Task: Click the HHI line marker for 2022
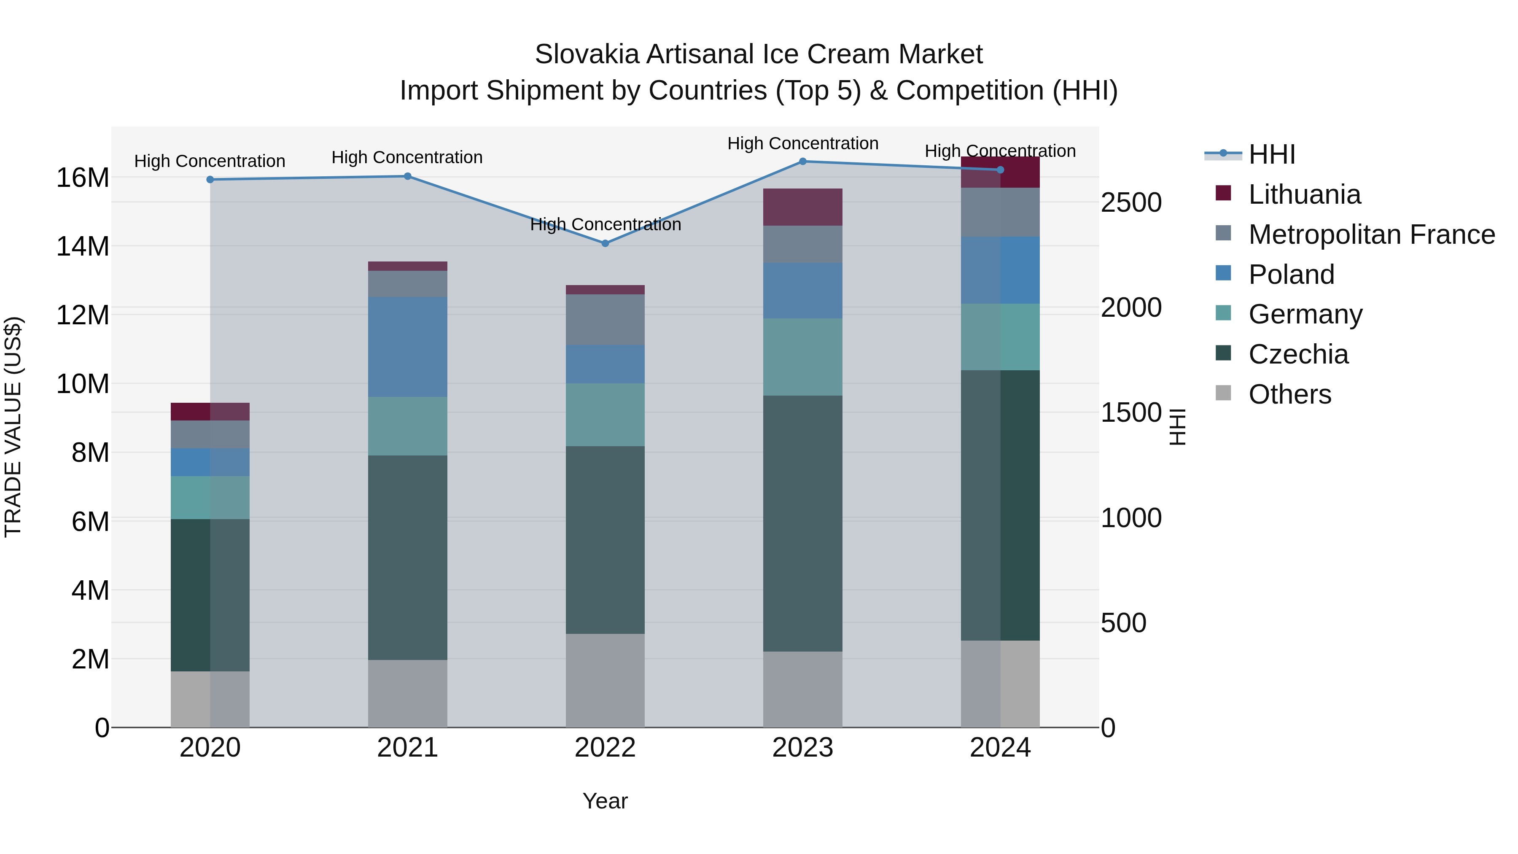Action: [x=605, y=243]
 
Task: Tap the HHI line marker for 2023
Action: [x=802, y=162]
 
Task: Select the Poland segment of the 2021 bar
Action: [x=407, y=347]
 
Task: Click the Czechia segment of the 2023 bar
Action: [x=802, y=523]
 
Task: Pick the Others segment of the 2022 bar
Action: [x=605, y=680]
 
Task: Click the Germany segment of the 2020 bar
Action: [x=210, y=498]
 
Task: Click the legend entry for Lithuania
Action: [x=1304, y=194]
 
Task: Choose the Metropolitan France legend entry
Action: [x=1371, y=234]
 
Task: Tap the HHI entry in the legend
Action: [x=1272, y=154]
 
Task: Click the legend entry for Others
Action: [x=1289, y=394]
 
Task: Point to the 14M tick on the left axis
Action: [x=83, y=246]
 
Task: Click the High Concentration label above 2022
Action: [x=605, y=224]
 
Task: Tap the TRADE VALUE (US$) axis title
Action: [x=13, y=427]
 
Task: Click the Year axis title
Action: [x=605, y=801]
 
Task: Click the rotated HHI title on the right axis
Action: [x=1177, y=427]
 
